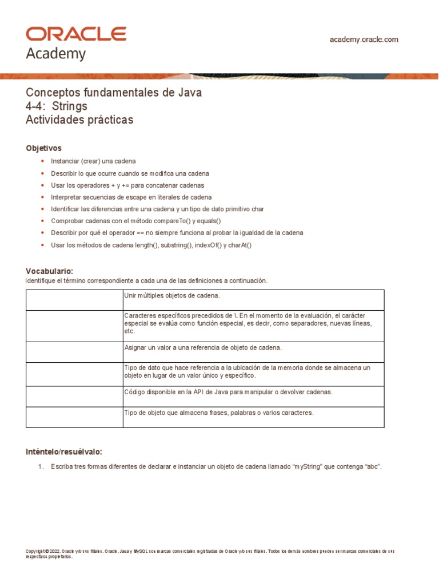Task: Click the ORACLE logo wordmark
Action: pyautogui.click(x=76, y=34)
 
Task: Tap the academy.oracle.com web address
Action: pyautogui.click(x=364, y=39)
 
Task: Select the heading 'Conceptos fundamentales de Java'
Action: pyautogui.click(x=114, y=93)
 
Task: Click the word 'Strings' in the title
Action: pyautogui.click(x=69, y=106)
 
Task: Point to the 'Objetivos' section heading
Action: pyautogui.click(x=43, y=148)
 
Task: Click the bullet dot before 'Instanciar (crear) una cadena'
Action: pyautogui.click(x=42, y=161)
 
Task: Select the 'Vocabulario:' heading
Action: pyautogui.click(x=50, y=271)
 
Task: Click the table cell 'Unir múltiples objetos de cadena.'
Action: pyautogui.click(x=172, y=295)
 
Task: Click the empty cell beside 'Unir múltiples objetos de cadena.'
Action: pyautogui.click(x=74, y=299)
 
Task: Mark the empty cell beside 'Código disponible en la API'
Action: pyautogui.click(x=74, y=396)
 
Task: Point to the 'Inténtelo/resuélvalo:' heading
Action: pyautogui.click(x=64, y=452)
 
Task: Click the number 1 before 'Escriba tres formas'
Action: pyautogui.click(x=41, y=467)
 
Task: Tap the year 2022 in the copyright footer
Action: pyautogui.click(x=55, y=551)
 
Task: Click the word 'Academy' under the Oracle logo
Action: pyautogui.click(x=56, y=54)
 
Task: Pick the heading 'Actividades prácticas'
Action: pyautogui.click(x=79, y=120)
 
